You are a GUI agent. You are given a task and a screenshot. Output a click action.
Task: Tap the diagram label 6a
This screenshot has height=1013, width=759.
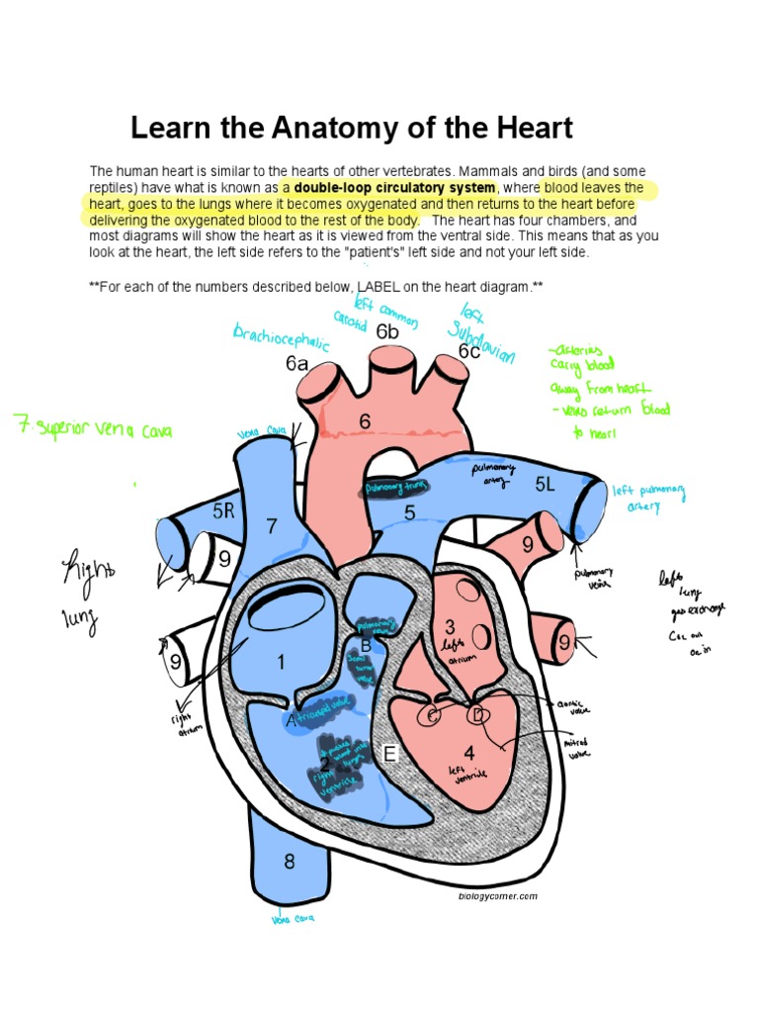[x=297, y=364]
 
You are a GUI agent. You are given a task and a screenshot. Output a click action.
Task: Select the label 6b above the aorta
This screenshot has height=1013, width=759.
[x=387, y=331]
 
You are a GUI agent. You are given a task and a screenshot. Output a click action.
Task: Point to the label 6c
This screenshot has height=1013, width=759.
[x=468, y=352]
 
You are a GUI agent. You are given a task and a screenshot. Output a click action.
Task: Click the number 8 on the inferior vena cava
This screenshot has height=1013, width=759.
[x=290, y=861]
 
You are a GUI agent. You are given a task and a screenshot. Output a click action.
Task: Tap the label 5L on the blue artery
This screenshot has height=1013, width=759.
[x=547, y=484]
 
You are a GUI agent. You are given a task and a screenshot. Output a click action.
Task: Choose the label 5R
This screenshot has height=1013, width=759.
[x=224, y=510]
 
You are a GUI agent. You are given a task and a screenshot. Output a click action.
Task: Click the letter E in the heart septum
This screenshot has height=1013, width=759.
[x=389, y=756]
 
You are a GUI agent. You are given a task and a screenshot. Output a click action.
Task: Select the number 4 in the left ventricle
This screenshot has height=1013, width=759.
[x=468, y=753]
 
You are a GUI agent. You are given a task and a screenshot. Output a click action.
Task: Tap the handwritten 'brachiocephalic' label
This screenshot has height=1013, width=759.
[x=280, y=341]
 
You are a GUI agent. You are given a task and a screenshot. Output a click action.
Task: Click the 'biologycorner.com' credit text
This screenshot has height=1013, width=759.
[x=498, y=896]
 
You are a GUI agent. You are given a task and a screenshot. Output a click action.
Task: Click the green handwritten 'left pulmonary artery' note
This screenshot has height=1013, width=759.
[x=648, y=498]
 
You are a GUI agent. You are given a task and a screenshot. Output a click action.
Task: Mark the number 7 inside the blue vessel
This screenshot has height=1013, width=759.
[x=273, y=525]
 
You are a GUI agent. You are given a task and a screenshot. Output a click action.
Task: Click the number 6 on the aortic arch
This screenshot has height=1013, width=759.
[x=365, y=421]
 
